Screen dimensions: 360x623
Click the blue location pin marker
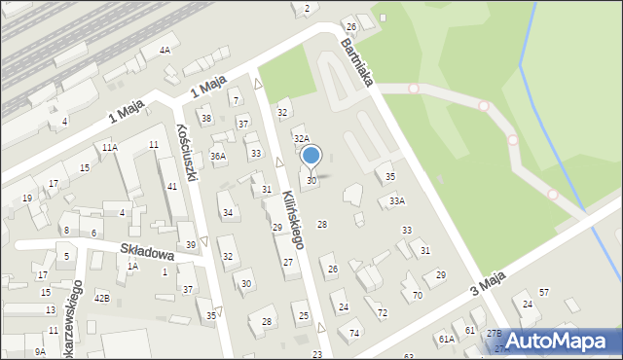point(311,156)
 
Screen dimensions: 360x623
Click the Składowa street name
point(147,251)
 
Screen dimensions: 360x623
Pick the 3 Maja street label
point(488,284)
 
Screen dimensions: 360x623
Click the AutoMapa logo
point(558,341)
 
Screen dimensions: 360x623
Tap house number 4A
point(165,50)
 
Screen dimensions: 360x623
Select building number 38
point(206,119)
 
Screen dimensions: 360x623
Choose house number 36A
point(218,156)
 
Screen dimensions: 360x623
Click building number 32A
point(302,140)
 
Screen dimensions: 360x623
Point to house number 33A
point(396,200)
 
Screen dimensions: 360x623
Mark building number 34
point(228,212)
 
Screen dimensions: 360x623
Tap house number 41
point(172,186)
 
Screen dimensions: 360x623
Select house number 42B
point(101,298)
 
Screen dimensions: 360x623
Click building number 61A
point(446,339)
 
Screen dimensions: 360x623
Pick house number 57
point(544,292)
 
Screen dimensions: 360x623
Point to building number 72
point(383,313)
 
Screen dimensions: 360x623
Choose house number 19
point(27,198)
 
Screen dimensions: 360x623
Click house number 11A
point(110,147)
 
